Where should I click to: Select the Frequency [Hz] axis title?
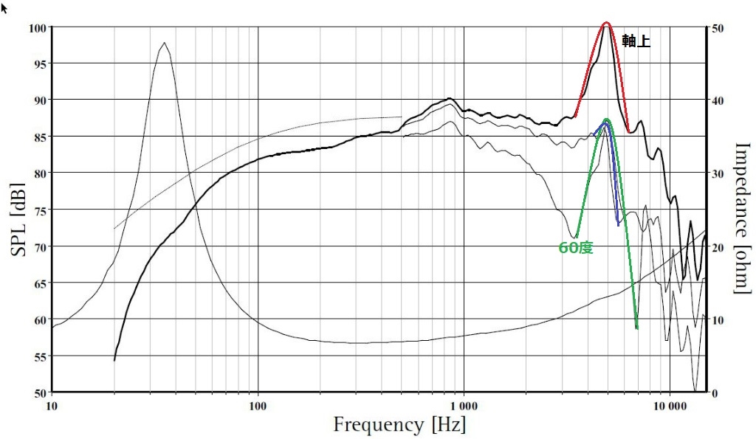point(399,424)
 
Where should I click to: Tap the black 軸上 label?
point(636,42)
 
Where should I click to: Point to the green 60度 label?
point(576,249)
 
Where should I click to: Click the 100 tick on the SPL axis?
point(38,28)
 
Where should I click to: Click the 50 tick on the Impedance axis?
point(718,28)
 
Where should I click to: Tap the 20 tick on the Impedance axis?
point(718,246)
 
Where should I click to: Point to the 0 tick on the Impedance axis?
point(715,393)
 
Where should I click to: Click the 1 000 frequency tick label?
point(464,406)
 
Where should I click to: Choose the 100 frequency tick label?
point(258,406)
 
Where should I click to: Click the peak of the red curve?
point(606,23)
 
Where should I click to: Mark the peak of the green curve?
point(606,120)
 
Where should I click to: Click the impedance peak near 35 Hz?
point(164,43)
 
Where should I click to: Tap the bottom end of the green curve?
point(636,328)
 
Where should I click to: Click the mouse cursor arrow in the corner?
point(4,7)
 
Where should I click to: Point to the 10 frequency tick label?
point(52,406)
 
